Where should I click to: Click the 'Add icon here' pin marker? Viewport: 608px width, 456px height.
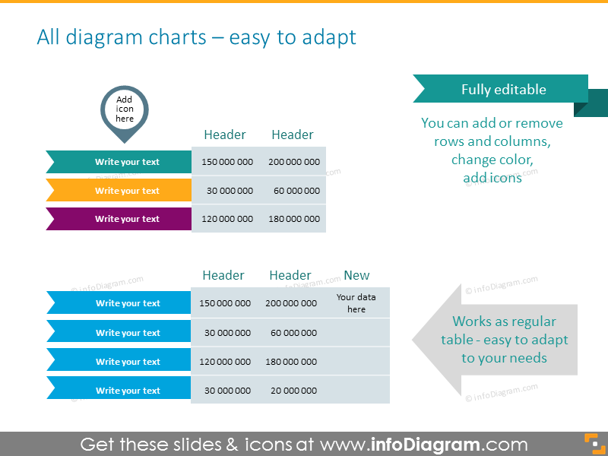point(125,110)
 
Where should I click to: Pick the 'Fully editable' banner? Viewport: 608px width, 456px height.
point(503,89)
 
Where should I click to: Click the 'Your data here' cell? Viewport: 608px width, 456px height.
point(356,303)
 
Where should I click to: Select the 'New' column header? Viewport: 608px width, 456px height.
point(356,275)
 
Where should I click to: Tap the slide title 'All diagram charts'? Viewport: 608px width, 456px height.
point(196,36)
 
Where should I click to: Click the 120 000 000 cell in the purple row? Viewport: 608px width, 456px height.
point(226,219)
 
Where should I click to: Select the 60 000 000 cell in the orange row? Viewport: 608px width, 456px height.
point(296,191)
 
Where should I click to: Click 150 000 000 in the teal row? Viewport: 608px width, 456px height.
point(226,162)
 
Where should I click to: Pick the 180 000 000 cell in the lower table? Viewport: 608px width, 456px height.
point(291,362)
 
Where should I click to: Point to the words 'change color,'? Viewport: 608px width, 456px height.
point(492,160)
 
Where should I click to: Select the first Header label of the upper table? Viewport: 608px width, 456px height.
point(225,135)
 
